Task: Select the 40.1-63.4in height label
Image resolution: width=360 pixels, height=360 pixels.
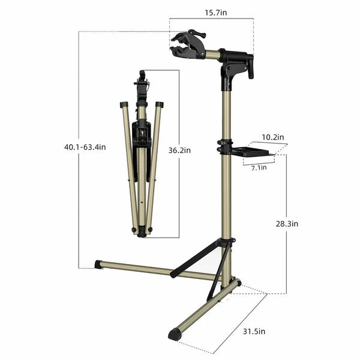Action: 85,146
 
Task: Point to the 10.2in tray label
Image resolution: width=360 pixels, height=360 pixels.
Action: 272,137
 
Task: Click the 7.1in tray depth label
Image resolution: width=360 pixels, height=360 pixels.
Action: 259,168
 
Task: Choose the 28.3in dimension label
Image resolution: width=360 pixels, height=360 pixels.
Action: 286,223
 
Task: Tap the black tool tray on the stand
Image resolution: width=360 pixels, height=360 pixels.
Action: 253,152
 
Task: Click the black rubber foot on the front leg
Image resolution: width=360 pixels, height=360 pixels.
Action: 175,334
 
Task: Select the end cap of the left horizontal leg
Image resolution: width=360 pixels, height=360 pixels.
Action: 98,263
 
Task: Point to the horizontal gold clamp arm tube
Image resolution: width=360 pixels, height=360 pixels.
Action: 212,55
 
